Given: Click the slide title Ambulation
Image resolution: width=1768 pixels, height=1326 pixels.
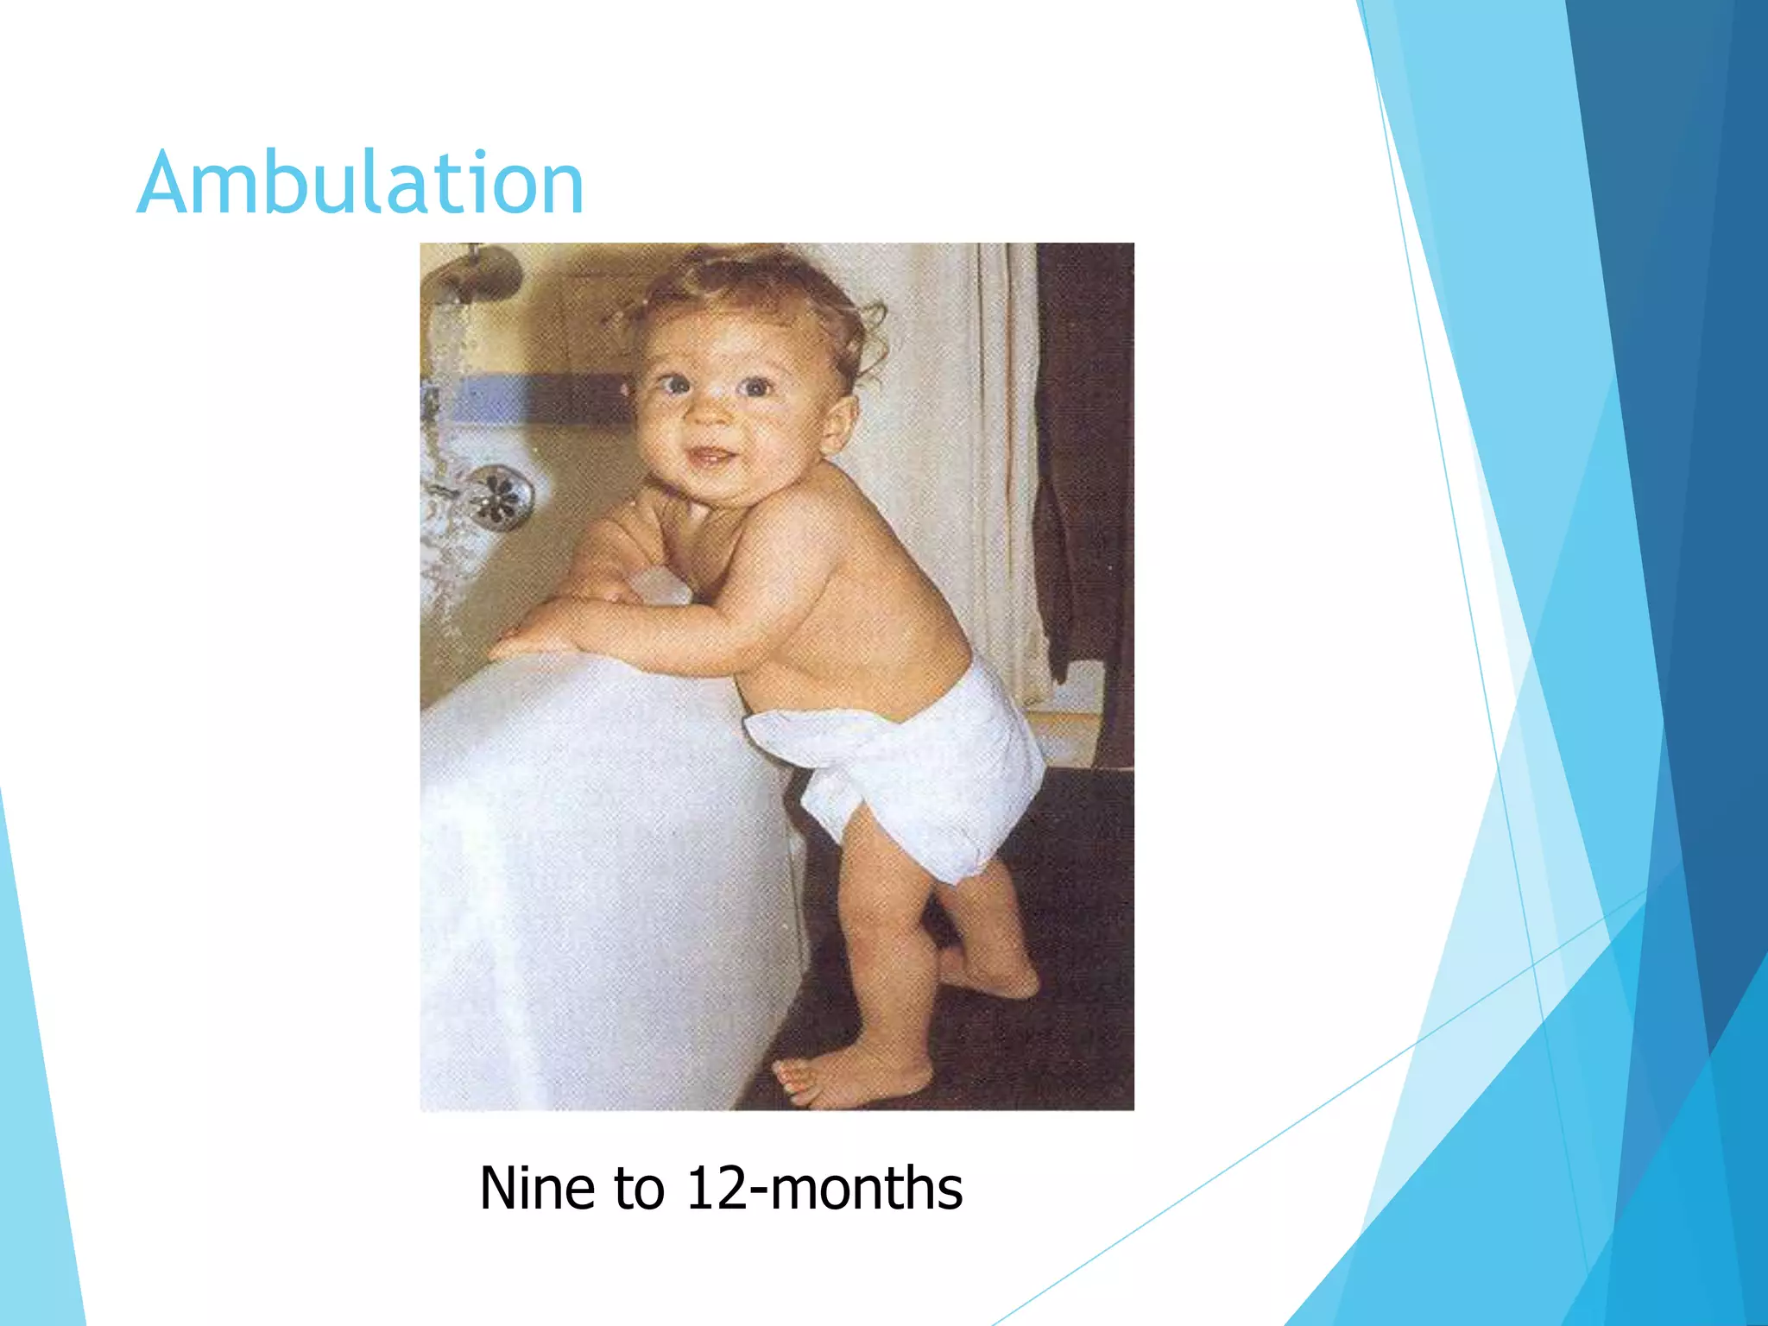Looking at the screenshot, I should tap(360, 183).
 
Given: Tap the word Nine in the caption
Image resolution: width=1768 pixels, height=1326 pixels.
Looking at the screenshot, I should tap(534, 1189).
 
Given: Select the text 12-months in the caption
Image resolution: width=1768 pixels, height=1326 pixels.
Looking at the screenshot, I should tap(824, 1189).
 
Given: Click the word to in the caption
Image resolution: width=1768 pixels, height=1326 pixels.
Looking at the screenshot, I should tap(640, 1189).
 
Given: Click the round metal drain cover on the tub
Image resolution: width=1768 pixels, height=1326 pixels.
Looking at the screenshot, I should tap(499, 496).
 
